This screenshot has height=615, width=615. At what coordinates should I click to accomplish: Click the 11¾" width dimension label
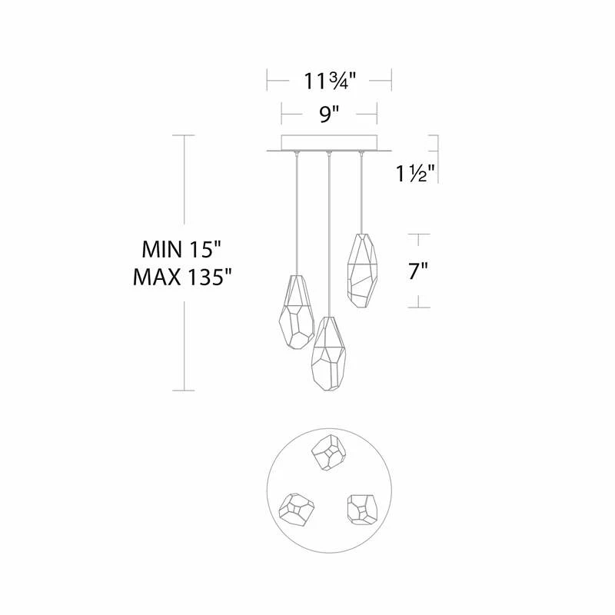tap(329, 78)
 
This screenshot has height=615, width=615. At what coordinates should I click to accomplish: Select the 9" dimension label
tap(329, 115)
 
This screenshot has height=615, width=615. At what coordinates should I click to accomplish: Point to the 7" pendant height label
tap(417, 271)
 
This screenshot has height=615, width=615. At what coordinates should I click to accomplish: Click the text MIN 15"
tap(181, 249)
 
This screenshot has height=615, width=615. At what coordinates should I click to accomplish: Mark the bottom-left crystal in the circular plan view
tap(296, 508)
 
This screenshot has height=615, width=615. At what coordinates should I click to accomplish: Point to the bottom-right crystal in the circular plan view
tap(361, 507)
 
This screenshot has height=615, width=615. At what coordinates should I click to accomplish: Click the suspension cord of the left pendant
tap(297, 215)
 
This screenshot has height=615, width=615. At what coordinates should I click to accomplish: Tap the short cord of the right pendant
tap(360, 192)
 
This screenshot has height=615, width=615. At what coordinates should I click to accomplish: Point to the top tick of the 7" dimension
tap(418, 234)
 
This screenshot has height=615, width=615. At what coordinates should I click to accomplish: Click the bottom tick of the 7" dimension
tap(418, 307)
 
